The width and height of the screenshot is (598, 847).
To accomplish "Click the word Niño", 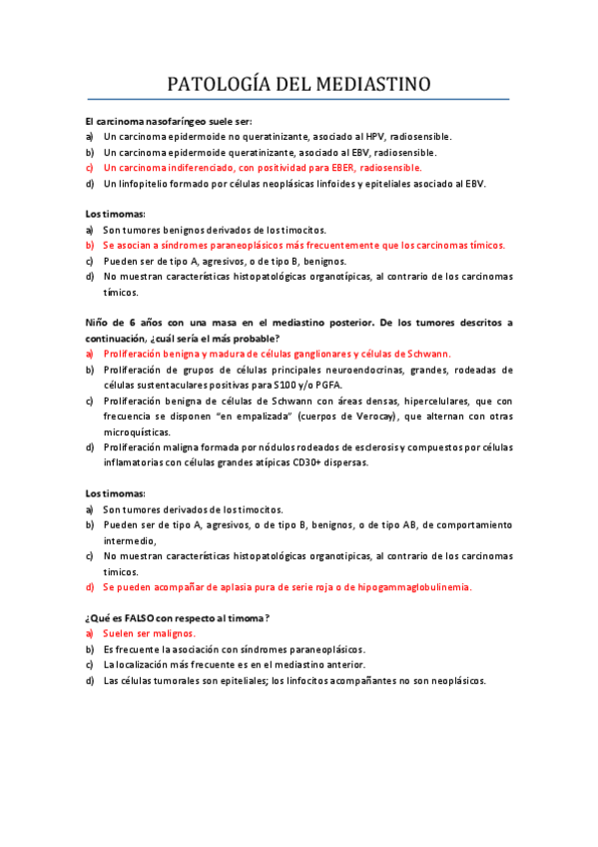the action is [x=98, y=322].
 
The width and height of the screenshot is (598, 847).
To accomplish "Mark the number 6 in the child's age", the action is [x=133, y=322].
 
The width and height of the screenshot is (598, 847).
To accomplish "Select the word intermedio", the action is [x=131, y=539].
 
